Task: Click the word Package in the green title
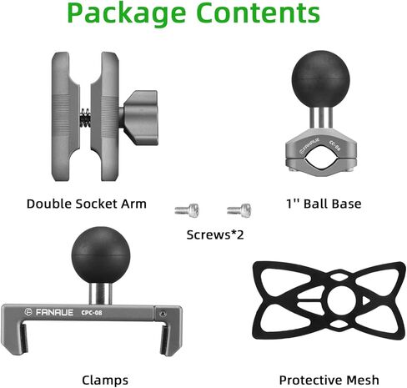[x=127, y=14]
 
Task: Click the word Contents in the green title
[x=258, y=13]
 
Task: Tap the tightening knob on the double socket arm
[x=141, y=118]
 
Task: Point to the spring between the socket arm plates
[x=85, y=117]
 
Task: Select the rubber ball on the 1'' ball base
[x=321, y=79]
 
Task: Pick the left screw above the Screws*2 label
[x=187, y=210]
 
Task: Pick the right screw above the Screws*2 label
[x=239, y=210]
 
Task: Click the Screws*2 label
[x=215, y=234]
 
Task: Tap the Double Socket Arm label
[x=87, y=204]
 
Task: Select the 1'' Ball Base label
[x=324, y=204]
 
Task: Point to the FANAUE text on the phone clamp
[x=54, y=312]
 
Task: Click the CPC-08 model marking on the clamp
[x=92, y=313]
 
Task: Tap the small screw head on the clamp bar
[x=163, y=314]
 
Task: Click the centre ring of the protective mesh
[x=339, y=300]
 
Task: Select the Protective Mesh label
[x=329, y=380]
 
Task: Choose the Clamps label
[x=105, y=380]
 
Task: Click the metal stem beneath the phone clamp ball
[x=101, y=295]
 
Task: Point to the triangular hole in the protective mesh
[x=364, y=300]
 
